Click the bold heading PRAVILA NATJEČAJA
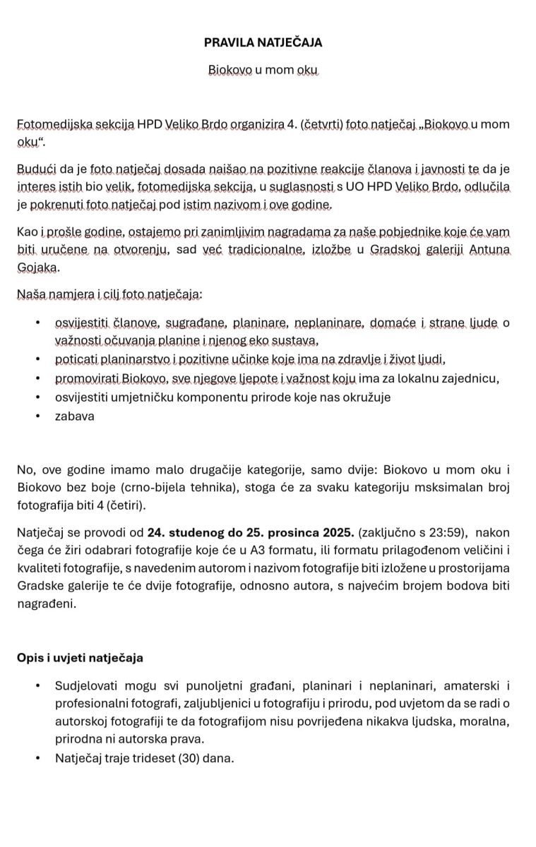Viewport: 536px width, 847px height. [x=263, y=42]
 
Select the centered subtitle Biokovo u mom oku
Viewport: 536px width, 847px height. [x=263, y=71]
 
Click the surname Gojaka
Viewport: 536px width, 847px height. [x=37, y=268]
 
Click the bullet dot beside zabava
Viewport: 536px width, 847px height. [x=37, y=416]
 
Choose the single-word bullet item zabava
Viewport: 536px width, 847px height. [x=74, y=416]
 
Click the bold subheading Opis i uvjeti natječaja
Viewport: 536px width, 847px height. [x=80, y=658]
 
